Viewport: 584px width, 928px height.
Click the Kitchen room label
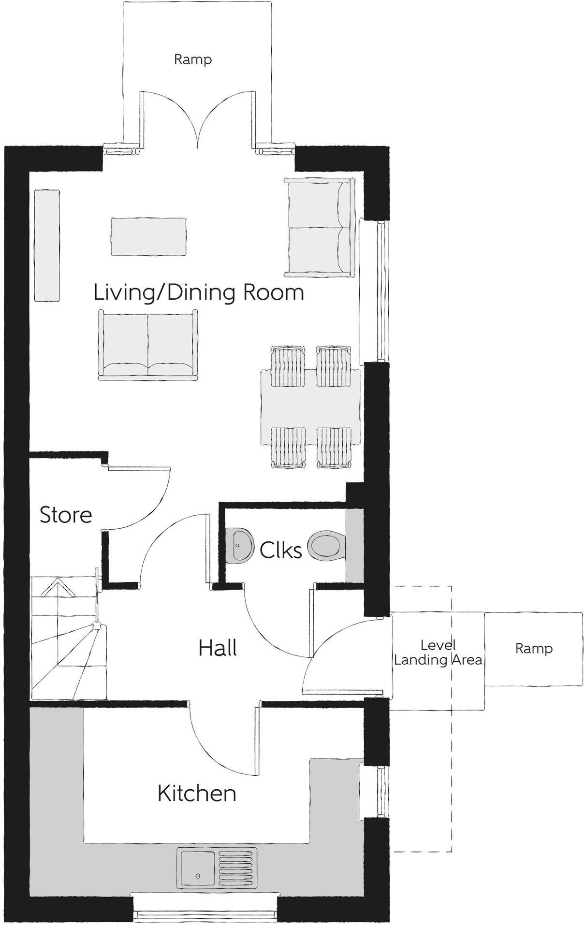coord(197,794)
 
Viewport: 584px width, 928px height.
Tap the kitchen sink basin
coord(197,868)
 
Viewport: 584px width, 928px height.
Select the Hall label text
coord(218,648)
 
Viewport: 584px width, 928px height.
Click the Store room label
coord(66,515)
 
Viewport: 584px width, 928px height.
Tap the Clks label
coord(280,550)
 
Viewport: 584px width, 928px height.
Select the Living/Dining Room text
coord(199,292)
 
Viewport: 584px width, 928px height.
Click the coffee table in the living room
coord(148,237)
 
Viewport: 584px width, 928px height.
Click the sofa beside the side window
coord(318,227)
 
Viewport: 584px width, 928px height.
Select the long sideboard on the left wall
coord(47,245)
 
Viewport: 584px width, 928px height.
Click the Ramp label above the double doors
coord(193,59)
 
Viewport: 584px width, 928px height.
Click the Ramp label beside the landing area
coord(534,648)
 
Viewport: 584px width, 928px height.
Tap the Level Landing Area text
coord(438,652)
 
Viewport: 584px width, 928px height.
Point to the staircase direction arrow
coord(57,588)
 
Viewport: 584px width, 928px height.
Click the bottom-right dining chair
coord(334,448)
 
